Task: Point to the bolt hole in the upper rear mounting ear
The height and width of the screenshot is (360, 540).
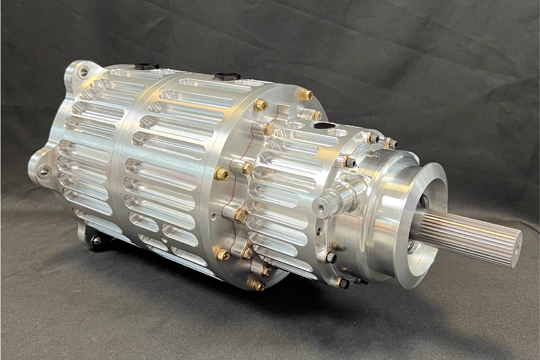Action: (83, 71)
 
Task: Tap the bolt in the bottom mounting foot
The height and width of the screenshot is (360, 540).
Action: (97, 241)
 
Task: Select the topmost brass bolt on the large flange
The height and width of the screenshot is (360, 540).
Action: (306, 95)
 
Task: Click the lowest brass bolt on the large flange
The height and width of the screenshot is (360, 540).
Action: (258, 284)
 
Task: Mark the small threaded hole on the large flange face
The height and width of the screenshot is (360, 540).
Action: (214, 219)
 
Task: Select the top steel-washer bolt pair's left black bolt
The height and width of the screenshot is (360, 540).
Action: (373, 138)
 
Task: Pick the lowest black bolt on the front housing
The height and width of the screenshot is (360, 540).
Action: (342, 282)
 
